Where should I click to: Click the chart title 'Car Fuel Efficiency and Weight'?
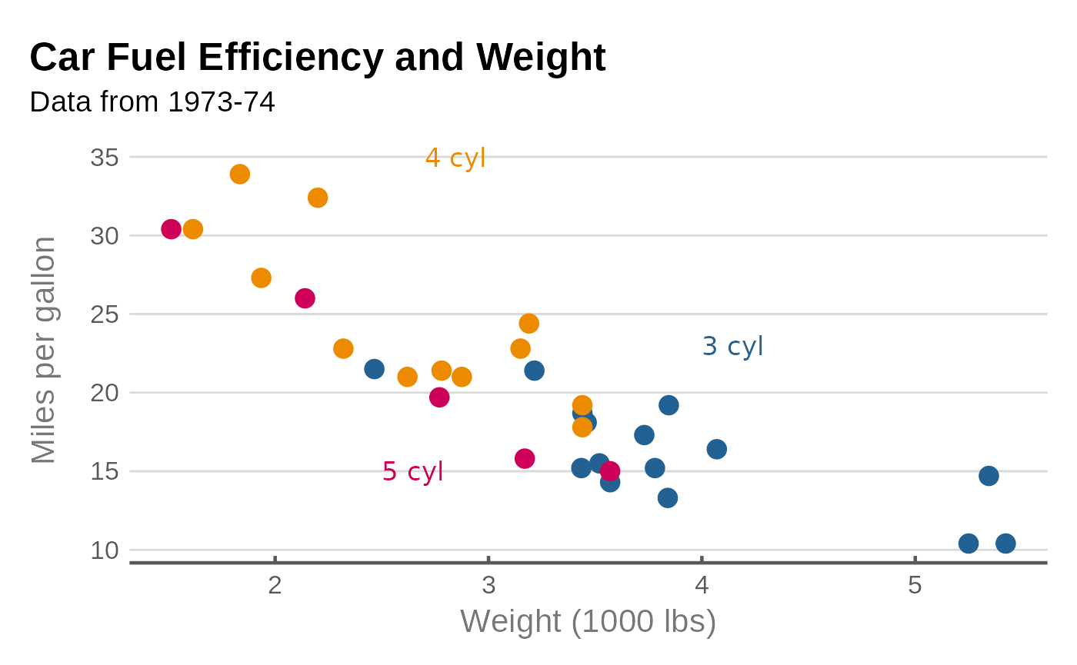click(318, 58)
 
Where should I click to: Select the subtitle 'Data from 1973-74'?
click(152, 102)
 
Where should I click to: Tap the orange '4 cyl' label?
click(455, 158)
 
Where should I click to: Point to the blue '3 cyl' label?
click(732, 347)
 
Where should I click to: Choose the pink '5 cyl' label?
click(413, 471)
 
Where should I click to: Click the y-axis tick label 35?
click(105, 158)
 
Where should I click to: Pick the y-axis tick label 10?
click(105, 550)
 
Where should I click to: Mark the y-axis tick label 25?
click(105, 314)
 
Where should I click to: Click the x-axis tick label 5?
click(915, 586)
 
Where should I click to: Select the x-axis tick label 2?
click(275, 586)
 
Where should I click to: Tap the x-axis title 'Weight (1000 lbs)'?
click(588, 621)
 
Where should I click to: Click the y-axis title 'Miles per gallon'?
click(44, 351)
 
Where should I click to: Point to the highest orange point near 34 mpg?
click(240, 175)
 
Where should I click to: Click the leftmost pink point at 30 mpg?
click(172, 229)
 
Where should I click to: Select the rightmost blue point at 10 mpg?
click(1005, 544)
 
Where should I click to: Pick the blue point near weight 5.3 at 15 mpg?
click(989, 476)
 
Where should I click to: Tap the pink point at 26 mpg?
click(305, 298)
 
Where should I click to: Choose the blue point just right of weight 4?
click(716, 449)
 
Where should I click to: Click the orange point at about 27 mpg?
click(262, 278)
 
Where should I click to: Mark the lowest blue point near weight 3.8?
click(668, 498)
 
